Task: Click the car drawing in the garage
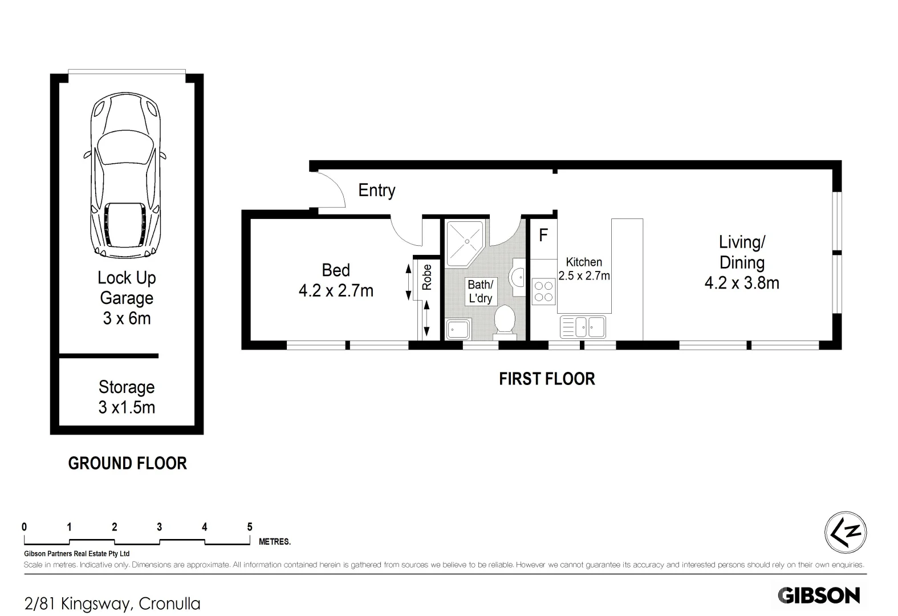click(125, 177)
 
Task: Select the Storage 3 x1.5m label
click(127, 397)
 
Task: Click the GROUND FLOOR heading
click(127, 463)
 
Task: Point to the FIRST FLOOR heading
click(547, 379)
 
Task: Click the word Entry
click(376, 190)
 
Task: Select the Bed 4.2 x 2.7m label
click(336, 280)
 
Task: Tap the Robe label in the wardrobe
click(427, 277)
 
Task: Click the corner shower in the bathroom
click(464, 243)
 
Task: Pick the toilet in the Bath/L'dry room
click(504, 321)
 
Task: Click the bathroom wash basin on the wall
click(519, 277)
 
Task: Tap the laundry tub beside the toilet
click(457, 329)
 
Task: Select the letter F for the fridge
click(543, 234)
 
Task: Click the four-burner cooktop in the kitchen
click(544, 291)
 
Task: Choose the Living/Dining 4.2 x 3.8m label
click(741, 262)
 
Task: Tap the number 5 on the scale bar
click(250, 527)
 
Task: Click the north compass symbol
click(846, 532)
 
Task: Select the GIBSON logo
click(819, 595)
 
